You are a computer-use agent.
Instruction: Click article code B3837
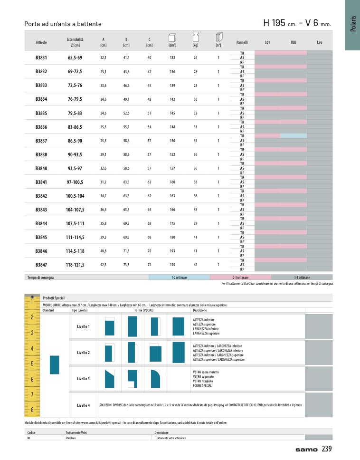41,141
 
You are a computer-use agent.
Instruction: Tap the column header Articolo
41,43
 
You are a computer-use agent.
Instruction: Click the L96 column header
319,43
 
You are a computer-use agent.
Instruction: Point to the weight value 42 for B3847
195,265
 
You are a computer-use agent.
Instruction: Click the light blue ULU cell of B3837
293,136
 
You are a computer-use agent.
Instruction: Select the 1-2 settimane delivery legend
179,277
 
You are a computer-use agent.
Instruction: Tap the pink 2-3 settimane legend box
241,277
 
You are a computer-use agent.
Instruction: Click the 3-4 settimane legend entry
302,277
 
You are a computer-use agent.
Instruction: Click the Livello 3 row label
83,379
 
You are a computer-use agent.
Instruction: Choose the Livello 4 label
83,405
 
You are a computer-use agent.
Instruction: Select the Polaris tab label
353,24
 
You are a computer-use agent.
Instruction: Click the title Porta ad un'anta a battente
63,24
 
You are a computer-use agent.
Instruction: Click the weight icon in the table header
195,37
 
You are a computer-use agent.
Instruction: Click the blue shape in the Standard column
54,364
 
